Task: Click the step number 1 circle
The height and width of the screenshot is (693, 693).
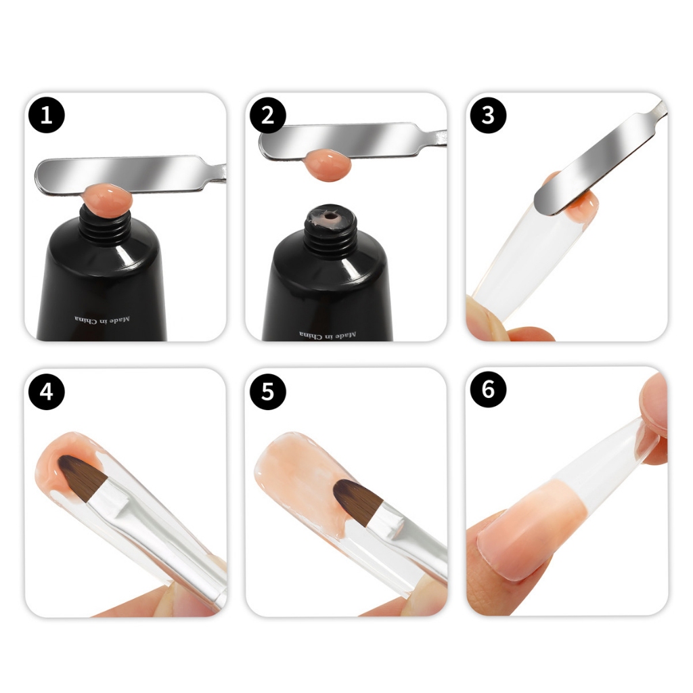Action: click(x=47, y=115)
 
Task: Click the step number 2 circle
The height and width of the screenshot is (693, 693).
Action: click(x=268, y=115)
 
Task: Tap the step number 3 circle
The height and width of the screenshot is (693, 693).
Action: click(x=488, y=115)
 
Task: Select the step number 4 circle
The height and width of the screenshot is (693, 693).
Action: click(x=47, y=392)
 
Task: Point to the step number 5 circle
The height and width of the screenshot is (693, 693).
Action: click(x=268, y=392)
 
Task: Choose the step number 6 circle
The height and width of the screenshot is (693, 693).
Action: click(x=488, y=389)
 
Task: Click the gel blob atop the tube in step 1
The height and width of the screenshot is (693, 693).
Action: click(x=108, y=200)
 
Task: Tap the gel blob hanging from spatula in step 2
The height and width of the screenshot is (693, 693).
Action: click(x=329, y=164)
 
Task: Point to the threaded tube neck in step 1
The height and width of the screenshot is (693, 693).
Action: click(x=105, y=226)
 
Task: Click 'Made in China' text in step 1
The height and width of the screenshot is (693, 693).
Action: click(x=102, y=319)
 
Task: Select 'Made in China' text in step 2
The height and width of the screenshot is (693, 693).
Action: click(x=328, y=335)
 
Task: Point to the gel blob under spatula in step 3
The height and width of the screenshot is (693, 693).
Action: click(x=583, y=208)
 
